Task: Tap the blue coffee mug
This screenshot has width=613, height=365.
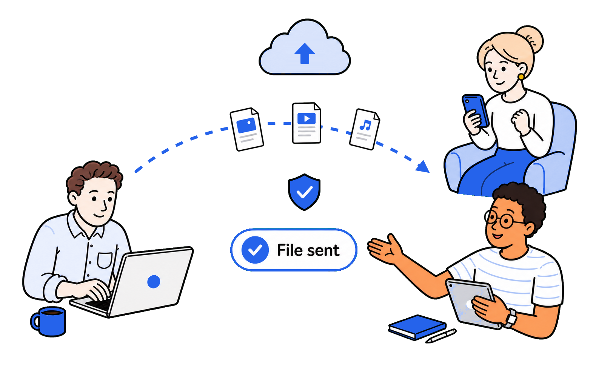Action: click(48, 321)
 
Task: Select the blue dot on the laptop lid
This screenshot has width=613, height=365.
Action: click(154, 281)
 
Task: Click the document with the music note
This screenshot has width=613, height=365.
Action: click(364, 129)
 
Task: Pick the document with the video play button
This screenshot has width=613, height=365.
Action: click(306, 123)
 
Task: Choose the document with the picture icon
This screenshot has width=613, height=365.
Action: click(246, 129)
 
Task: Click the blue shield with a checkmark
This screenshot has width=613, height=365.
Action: click(304, 192)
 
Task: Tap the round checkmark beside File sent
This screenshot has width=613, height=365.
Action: click(255, 250)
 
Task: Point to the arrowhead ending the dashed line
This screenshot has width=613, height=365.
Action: click(423, 166)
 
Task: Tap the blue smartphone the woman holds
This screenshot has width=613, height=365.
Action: click(475, 110)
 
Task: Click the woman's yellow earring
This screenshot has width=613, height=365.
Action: click(521, 77)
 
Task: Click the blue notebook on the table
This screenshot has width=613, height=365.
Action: click(417, 327)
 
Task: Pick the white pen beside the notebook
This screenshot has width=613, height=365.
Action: click(441, 336)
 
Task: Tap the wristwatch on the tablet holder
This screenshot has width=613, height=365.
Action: click(510, 318)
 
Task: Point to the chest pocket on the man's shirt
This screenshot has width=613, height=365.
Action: click(105, 260)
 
